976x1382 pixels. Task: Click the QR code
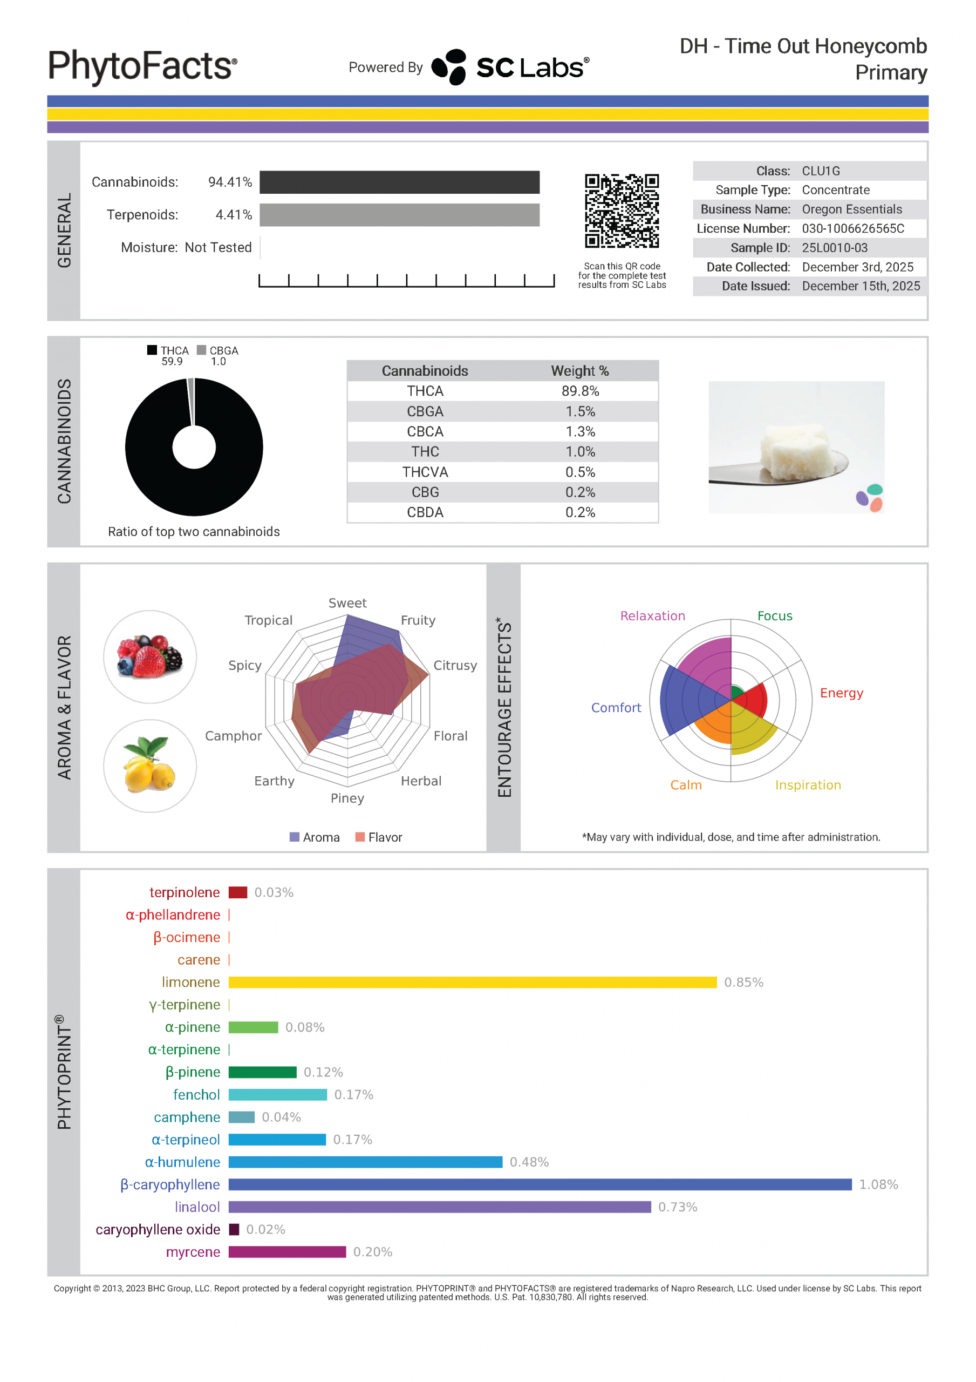pos(622,211)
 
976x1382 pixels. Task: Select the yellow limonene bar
pos(473,983)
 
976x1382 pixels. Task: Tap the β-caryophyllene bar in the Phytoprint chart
pos(540,1184)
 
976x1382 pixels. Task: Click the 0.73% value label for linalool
pos(678,1207)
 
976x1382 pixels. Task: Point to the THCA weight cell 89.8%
pos(580,391)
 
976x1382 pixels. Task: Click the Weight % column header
pos(580,371)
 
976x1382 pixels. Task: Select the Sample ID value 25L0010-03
pos(835,247)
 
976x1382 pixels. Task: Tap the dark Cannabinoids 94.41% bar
pos(400,182)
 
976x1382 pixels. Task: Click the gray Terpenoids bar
pos(400,215)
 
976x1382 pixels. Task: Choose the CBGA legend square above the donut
pos(202,350)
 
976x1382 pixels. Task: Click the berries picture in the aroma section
pos(150,656)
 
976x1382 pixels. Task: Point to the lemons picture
pos(150,765)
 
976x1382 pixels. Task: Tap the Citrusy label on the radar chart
pos(455,665)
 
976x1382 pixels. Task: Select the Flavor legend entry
pos(379,837)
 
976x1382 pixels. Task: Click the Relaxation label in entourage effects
pos(652,616)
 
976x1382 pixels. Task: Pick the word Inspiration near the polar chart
pos(808,785)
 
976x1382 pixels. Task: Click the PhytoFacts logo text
pos(142,66)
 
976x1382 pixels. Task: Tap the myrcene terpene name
pos(193,1252)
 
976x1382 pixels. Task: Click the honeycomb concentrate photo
pos(796,447)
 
